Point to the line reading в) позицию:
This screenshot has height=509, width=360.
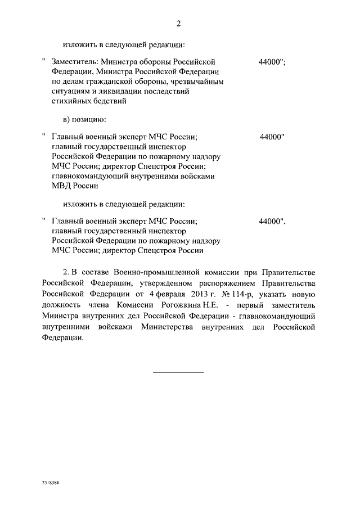coord(84,119)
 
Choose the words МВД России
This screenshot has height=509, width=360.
coord(75,186)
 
